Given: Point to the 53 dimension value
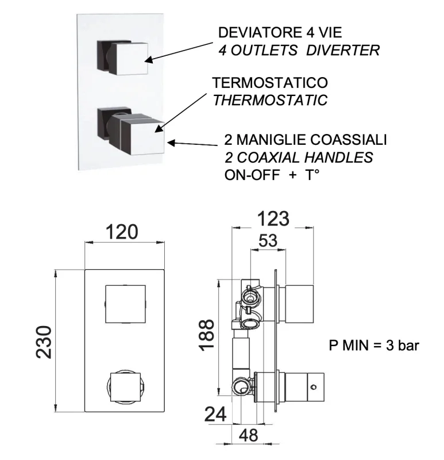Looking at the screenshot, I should (x=266, y=241).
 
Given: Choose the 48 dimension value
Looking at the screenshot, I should (x=248, y=435).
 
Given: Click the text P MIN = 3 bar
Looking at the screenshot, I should (x=374, y=346).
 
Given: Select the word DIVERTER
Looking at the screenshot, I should (x=350, y=50).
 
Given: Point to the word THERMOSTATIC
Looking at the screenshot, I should (x=270, y=100).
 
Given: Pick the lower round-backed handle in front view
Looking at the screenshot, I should (x=125, y=387).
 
